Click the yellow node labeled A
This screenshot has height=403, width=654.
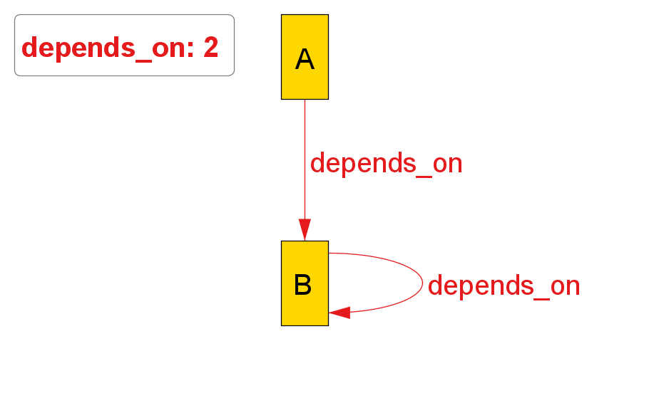[x=305, y=78]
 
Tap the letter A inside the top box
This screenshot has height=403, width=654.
[x=305, y=59]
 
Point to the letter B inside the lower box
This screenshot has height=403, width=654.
[x=303, y=285]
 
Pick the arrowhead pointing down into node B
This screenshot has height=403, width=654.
[x=305, y=229]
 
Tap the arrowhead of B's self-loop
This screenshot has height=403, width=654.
[x=339, y=313]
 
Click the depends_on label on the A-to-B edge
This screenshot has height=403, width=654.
[x=386, y=164]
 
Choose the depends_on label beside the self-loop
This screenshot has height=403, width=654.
[x=504, y=286]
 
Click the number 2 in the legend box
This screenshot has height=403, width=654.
[x=211, y=48]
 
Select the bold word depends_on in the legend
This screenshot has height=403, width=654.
[x=107, y=48]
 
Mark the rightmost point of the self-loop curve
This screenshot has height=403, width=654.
[x=423, y=283]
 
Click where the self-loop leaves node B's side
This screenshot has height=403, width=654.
[x=329, y=253]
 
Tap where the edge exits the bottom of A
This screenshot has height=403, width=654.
[x=305, y=100]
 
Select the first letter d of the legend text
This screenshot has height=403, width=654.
[x=30, y=48]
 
